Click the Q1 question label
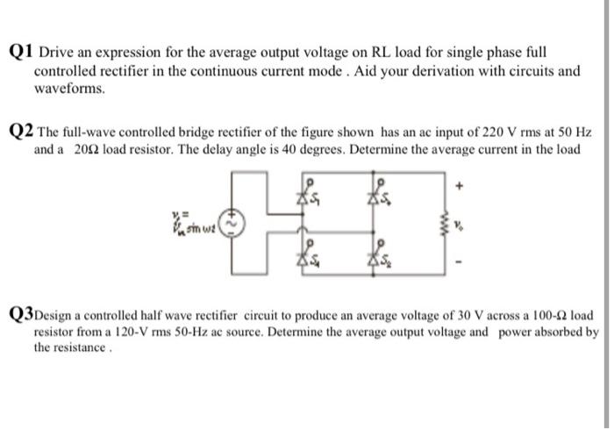click(x=22, y=54)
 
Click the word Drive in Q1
click(x=57, y=54)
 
